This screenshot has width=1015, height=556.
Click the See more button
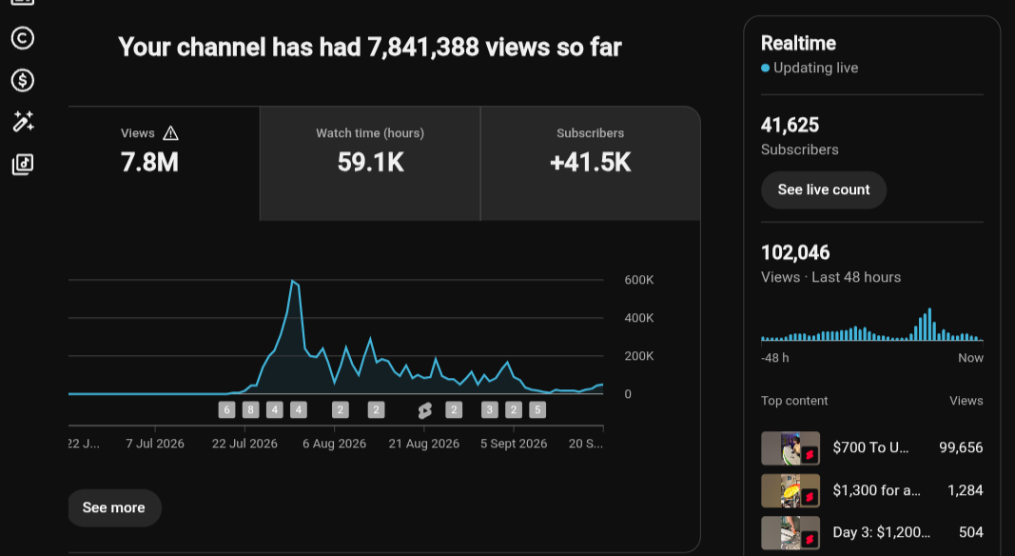click(114, 507)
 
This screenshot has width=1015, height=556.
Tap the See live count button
click(824, 189)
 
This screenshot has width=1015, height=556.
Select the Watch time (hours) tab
click(370, 164)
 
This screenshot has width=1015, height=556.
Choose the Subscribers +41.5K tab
click(591, 164)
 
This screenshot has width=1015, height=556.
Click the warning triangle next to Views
click(171, 133)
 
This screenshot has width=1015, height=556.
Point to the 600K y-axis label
click(639, 280)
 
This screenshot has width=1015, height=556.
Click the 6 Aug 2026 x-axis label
click(334, 444)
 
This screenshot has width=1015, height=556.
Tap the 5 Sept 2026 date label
click(514, 444)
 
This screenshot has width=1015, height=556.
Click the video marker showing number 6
click(226, 409)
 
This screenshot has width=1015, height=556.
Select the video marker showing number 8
click(250, 409)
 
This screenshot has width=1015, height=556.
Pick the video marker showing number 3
click(489, 409)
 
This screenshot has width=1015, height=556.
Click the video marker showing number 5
click(537, 409)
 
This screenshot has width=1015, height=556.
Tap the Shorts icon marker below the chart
click(424, 410)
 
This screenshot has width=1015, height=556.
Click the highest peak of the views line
click(293, 281)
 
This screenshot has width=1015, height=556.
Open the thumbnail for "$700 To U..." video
click(791, 447)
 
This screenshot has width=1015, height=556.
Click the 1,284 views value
click(966, 490)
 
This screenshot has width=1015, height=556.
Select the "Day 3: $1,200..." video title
click(881, 532)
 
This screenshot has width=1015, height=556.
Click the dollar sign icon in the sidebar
click(23, 80)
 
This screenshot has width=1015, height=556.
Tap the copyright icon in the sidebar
click(23, 38)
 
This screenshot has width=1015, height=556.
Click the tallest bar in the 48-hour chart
click(929, 324)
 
